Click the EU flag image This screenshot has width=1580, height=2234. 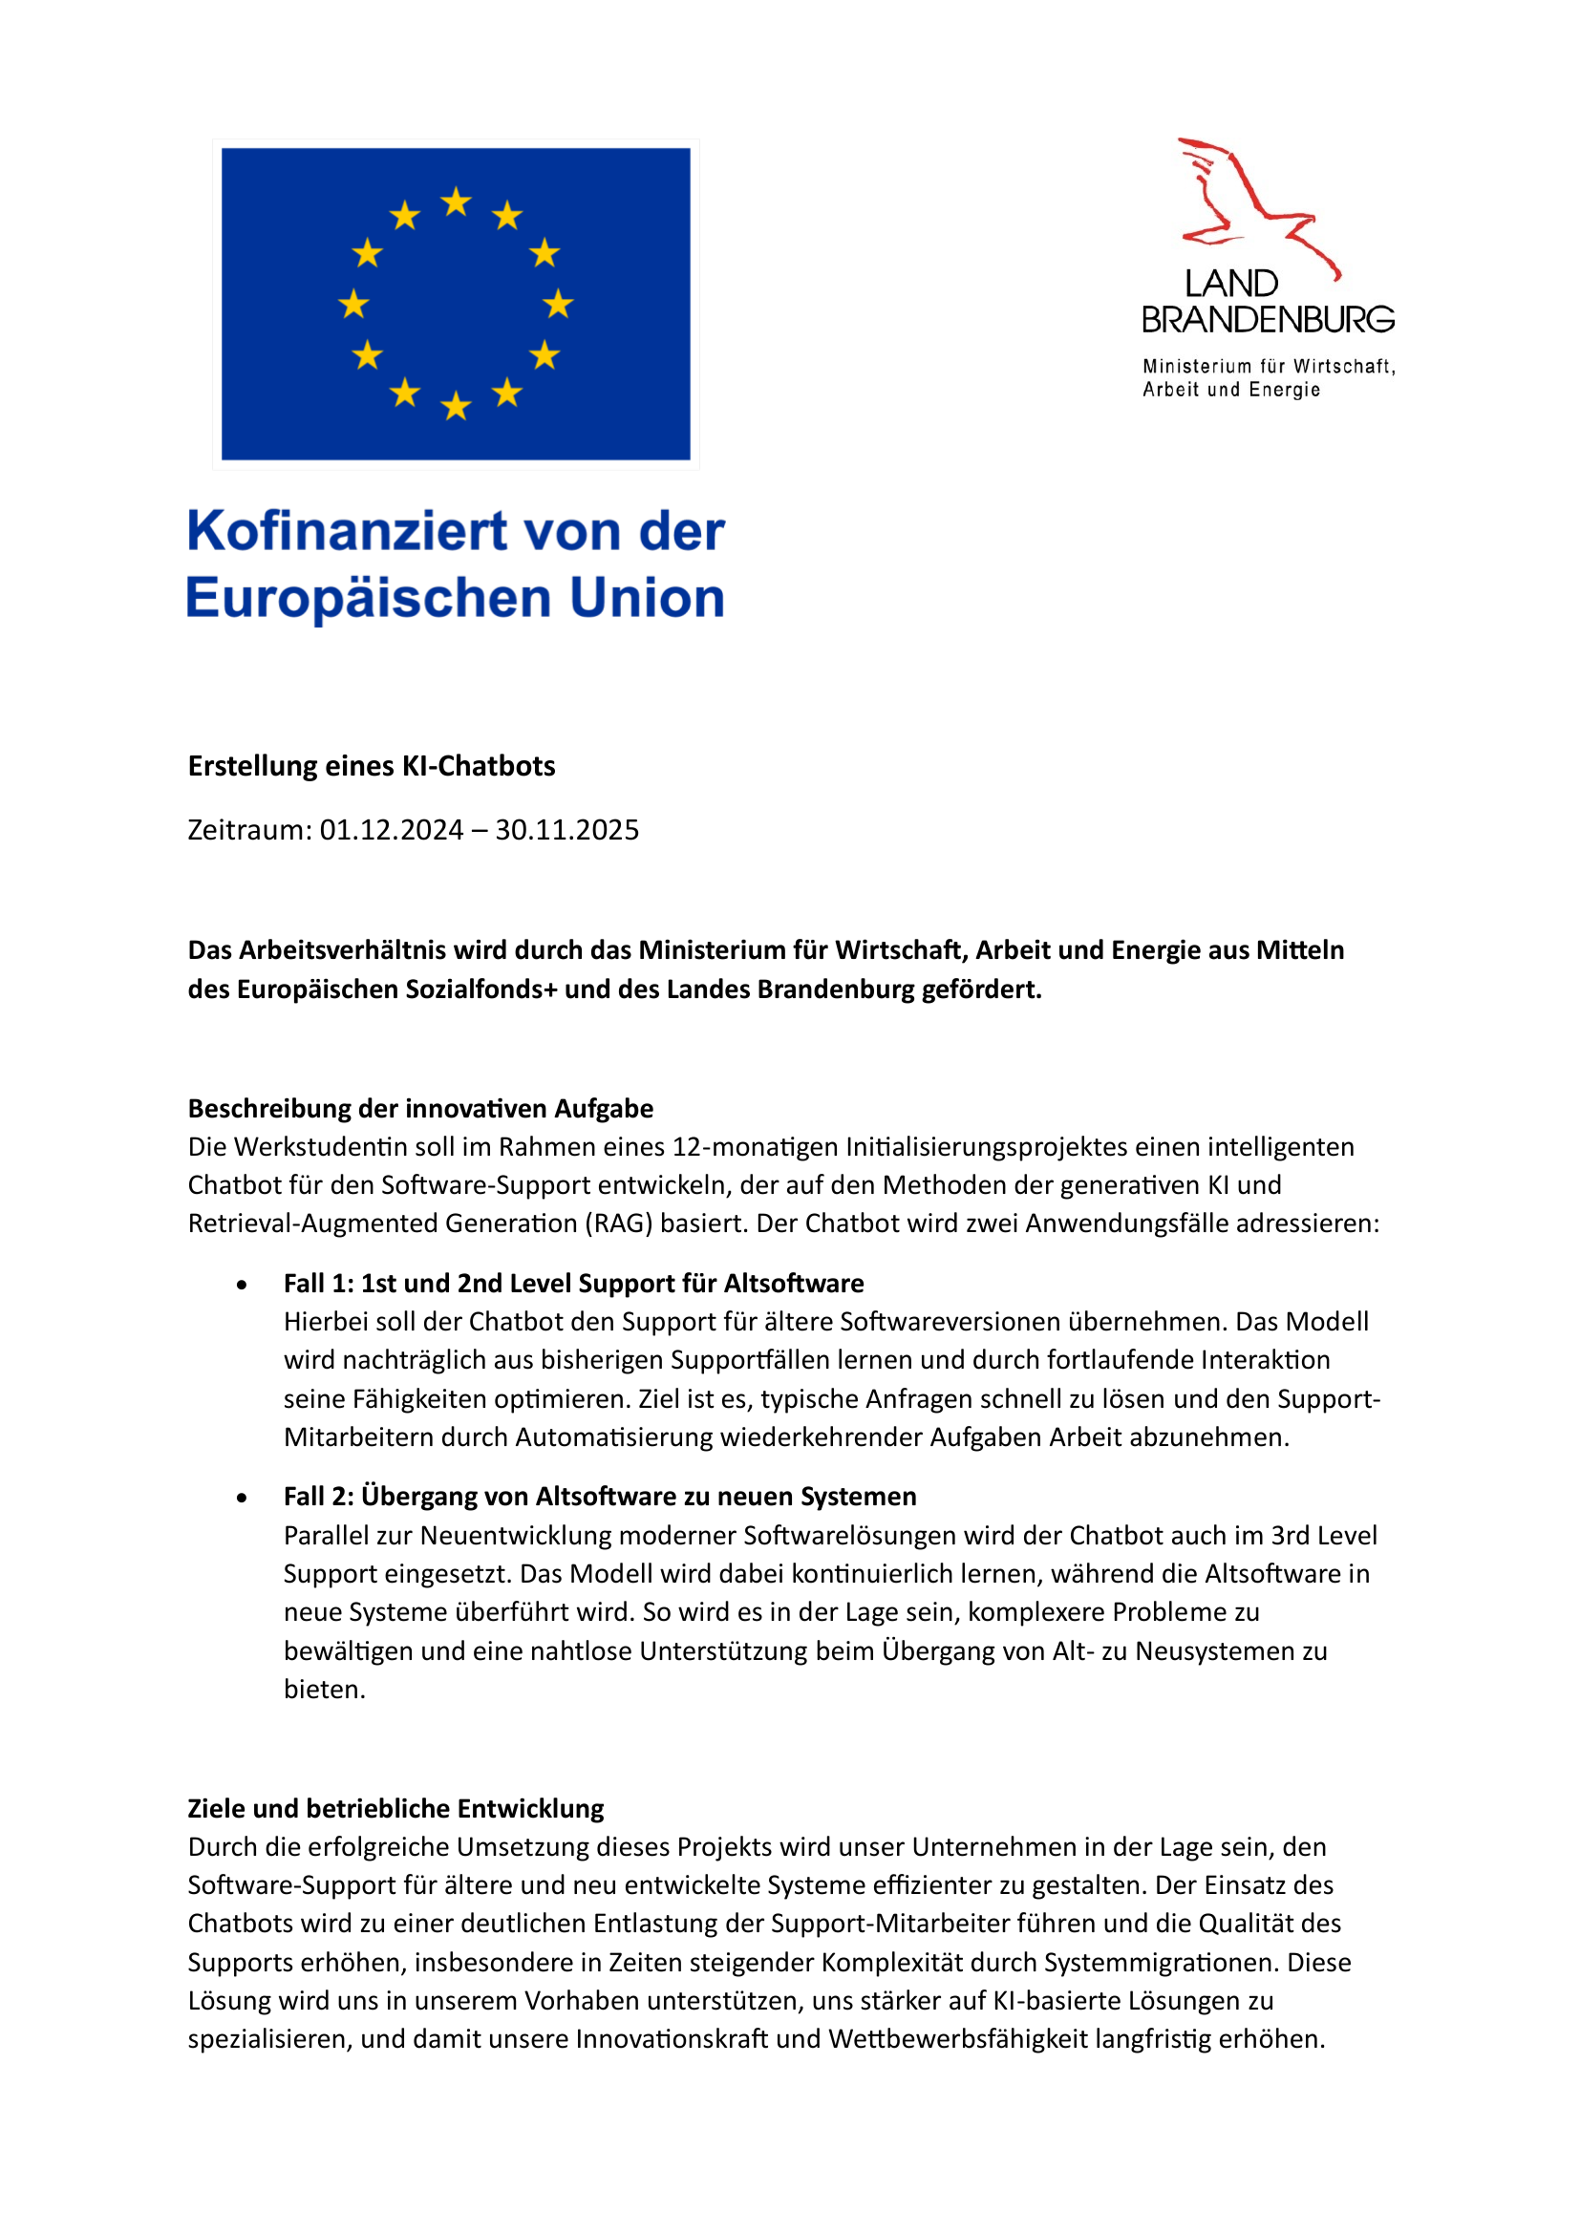(456, 304)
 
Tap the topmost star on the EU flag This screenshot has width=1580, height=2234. (456, 202)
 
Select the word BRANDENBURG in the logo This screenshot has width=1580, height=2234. (1268, 320)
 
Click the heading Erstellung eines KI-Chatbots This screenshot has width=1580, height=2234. (371, 766)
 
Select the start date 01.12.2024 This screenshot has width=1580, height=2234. (391, 830)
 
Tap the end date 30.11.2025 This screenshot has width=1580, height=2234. (566, 830)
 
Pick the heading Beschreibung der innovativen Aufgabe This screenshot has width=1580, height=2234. (420, 1108)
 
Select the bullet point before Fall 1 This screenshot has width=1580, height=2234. (242, 1286)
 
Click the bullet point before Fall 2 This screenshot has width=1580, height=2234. (242, 1498)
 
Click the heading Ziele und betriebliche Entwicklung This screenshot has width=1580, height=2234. (395, 1809)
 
